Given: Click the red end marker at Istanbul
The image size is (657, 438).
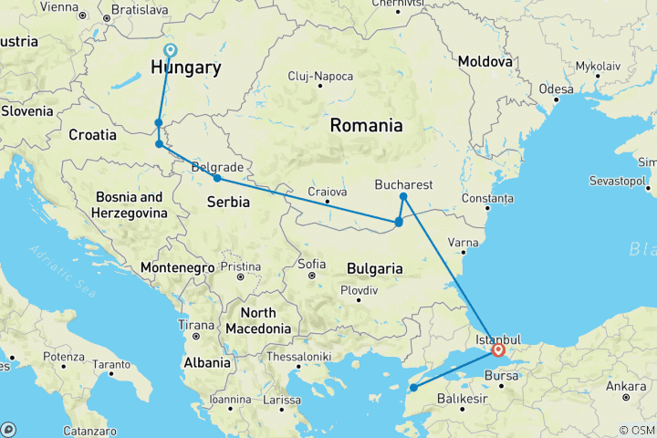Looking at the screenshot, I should tap(498, 349).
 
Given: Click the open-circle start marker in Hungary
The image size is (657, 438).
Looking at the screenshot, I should tap(169, 51).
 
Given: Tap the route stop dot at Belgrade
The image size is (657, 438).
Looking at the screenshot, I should tap(216, 178).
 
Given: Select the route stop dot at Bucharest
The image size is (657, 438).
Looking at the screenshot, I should tap(402, 196).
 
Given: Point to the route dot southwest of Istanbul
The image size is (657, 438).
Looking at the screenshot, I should tap(413, 388).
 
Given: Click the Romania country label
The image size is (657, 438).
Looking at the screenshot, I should tap(366, 125).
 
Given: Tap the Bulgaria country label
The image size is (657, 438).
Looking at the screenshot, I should tap(375, 268).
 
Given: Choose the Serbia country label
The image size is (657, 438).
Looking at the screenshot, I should tap(229, 202).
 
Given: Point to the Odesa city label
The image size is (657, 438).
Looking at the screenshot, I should tap(556, 89).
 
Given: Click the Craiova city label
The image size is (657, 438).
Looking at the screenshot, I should tap(328, 192).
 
